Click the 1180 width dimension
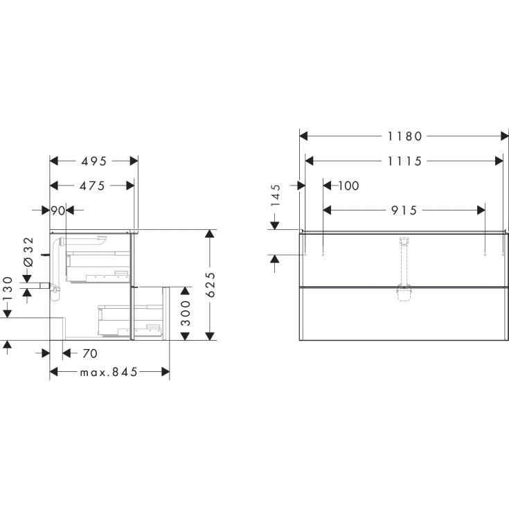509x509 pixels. click(404, 136)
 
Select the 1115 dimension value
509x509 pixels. click(404, 161)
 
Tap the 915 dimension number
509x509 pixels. click(404, 210)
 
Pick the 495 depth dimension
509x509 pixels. click(93, 161)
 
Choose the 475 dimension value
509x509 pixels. click(91, 186)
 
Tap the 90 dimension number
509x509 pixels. click(57, 210)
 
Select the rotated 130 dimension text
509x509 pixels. click(8, 292)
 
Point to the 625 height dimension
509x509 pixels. click(211, 285)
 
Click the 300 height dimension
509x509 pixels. click(186, 314)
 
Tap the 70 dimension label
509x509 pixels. click(89, 354)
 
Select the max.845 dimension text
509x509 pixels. click(109, 372)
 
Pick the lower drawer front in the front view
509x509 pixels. click(404, 313)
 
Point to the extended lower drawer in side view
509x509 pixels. click(150, 313)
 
